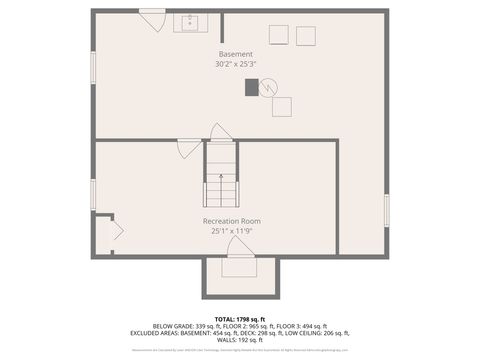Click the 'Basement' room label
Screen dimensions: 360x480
(236, 54)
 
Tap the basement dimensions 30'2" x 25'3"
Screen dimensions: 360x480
(236, 64)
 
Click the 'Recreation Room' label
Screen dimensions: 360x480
(231, 221)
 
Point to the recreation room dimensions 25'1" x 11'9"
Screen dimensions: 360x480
(231, 231)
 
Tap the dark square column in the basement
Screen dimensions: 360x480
(252, 87)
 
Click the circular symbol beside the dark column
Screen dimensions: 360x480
(267, 87)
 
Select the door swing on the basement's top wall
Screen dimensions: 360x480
(152, 17)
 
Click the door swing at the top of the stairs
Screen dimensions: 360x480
(221, 132)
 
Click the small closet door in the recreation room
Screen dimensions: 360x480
(115, 230)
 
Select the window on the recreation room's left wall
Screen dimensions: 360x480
(93, 192)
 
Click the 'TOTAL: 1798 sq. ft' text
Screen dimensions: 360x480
(239, 318)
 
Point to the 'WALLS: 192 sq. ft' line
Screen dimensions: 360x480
(239, 339)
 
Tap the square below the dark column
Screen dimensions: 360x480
(282, 107)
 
